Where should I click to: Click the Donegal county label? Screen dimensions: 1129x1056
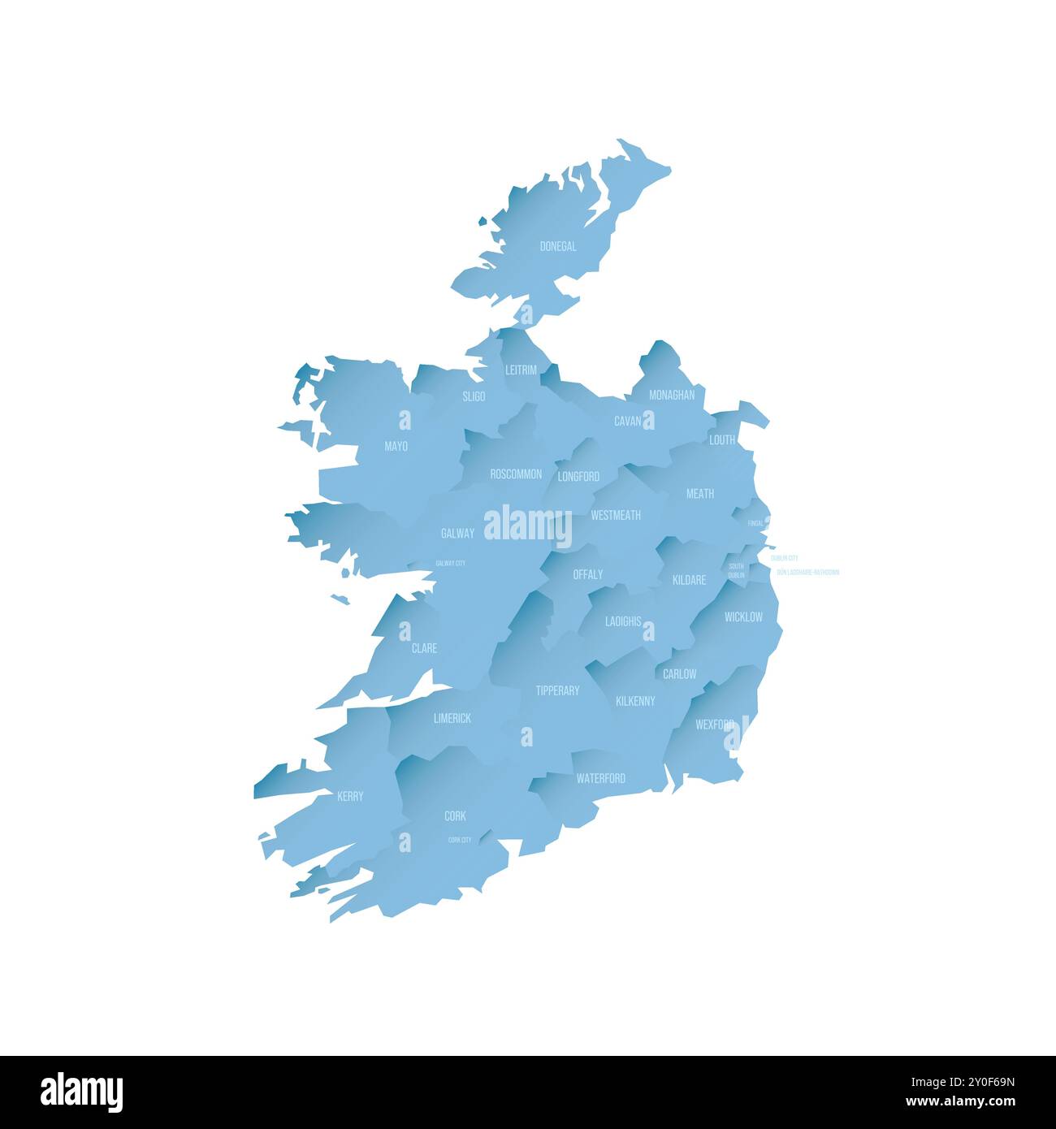coord(558,246)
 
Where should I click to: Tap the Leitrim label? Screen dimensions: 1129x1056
coord(521,370)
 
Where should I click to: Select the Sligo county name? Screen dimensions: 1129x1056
coord(474,396)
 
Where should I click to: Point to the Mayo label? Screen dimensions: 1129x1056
coord(396,446)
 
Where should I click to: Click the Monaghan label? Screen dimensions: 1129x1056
coord(672,395)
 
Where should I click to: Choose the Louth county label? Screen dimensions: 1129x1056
coord(721,439)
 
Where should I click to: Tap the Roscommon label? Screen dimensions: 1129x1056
coord(516,474)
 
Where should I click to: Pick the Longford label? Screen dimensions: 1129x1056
coord(578,476)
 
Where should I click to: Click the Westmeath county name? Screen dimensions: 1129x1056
coord(616,515)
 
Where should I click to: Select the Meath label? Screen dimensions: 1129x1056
coord(700,493)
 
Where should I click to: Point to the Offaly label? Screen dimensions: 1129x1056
coord(588,574)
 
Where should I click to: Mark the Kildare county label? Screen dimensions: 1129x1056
coord(689,580)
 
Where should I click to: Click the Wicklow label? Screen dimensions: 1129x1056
coord(743,616)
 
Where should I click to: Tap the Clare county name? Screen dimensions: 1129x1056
coord(424,647)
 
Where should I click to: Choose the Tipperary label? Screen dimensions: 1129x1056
coord(557,690)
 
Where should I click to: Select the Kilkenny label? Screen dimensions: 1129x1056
coord(635,700)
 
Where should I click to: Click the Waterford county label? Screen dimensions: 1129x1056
coord(601,778)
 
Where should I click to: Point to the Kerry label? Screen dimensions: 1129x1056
coord(350,796)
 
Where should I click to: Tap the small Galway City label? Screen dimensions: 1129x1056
coord(450,563)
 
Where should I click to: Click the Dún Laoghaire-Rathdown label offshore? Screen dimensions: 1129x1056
coord(807,573)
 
